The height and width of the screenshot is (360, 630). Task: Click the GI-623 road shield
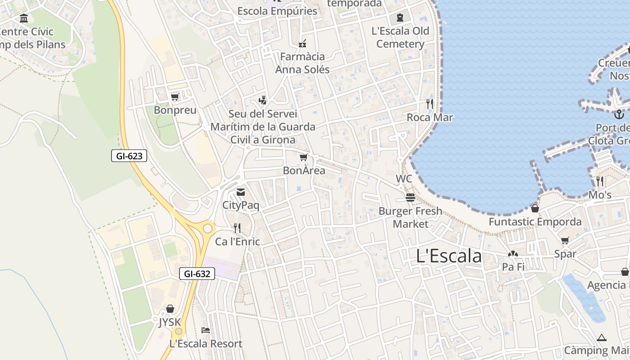[x=129, y=156]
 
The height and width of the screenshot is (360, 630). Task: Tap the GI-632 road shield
[x=197, y=273]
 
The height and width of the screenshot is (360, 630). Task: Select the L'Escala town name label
[x=449, y=256]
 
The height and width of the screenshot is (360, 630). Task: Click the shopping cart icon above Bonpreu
[x=175, y=97]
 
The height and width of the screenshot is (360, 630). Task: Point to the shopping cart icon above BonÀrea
[x=304, y=157]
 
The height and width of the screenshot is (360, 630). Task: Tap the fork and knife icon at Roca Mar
[x=429, y=104]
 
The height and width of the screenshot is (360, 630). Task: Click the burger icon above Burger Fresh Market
[x=410, y=198]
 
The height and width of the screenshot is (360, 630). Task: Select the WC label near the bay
[x=404, y=179]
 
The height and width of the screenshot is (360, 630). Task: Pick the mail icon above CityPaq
[x=241, y=192]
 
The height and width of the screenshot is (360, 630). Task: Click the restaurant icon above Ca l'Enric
[x=237, y=228]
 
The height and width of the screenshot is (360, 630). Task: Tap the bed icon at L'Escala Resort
[x=206, y=330]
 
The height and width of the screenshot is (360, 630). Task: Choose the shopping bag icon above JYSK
[x=170, y=309]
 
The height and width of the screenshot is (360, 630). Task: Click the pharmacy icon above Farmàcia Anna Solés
[x=302, y=44]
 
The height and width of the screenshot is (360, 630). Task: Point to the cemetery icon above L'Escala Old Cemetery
[x=400, y=18]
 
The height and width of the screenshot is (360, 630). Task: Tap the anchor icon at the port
[x=619, y=114]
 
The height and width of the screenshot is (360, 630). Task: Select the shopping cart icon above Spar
[x=565, y=240]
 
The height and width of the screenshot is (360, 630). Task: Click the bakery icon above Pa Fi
[x=513, y=254]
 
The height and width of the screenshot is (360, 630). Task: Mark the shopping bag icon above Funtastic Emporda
[x=535, y=208]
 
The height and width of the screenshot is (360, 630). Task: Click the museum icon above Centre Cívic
[x=24, y=18]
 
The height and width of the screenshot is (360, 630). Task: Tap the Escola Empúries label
[x=277, y=11]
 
